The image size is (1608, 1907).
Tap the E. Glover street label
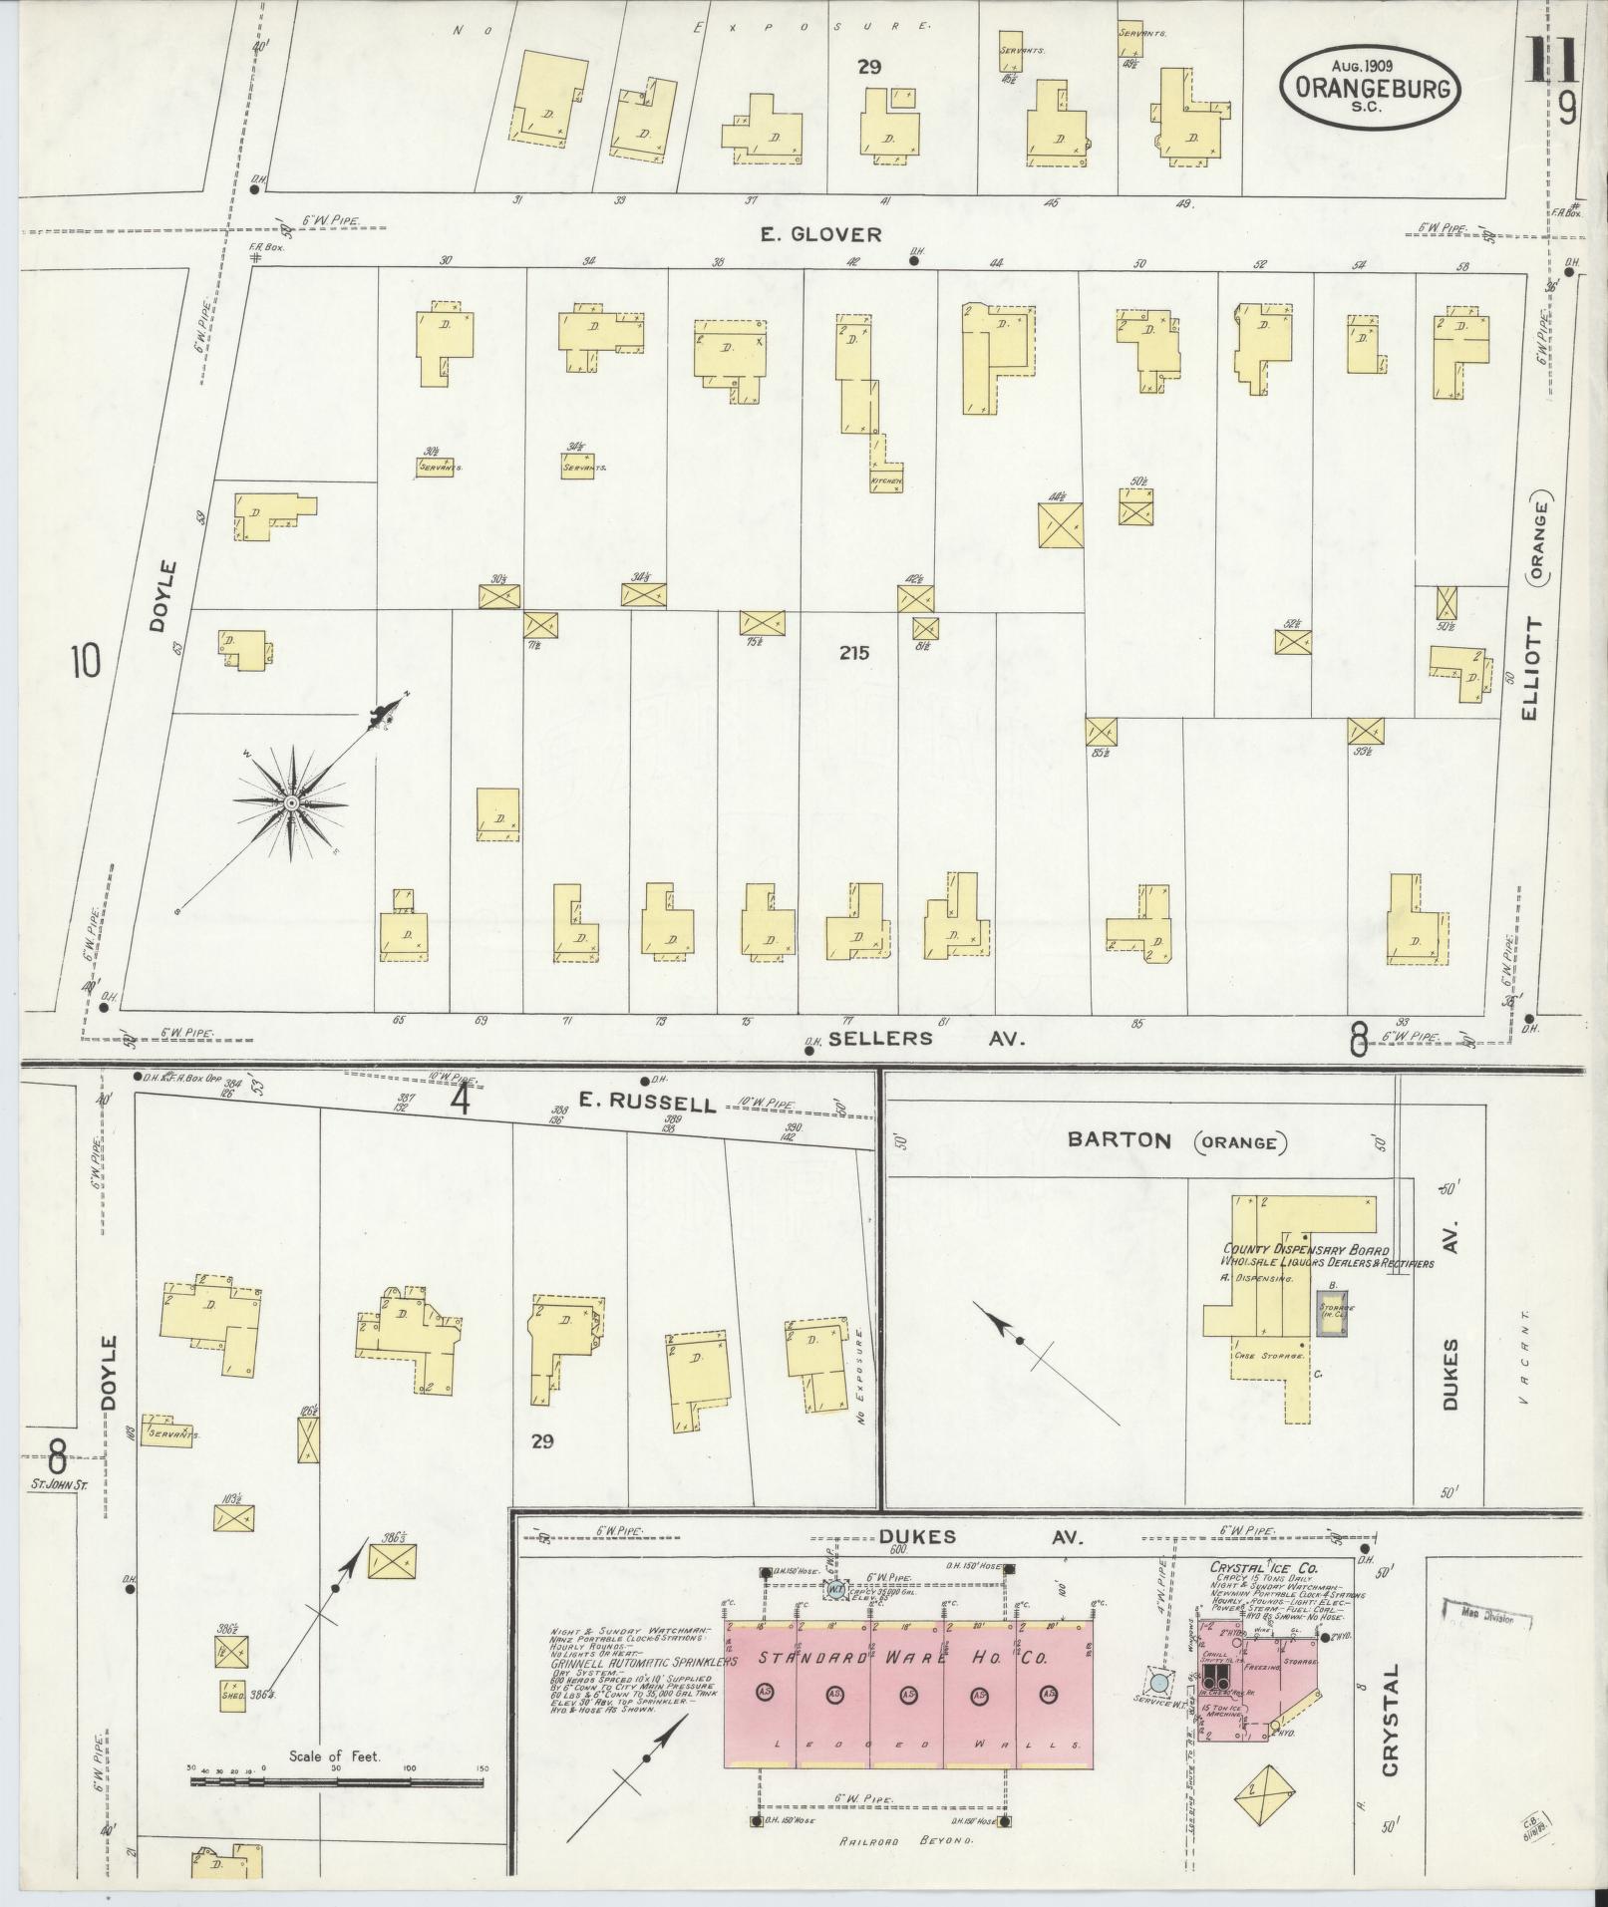pos(820,235)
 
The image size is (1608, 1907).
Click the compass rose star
pos(291,803)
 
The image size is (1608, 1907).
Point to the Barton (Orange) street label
pos(1176,1141)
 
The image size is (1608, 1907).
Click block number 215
pos(854,654)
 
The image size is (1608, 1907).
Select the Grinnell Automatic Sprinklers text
pos(643,1664)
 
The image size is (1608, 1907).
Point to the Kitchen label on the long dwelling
pos(886,481)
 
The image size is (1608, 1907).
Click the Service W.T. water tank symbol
pos(1159,1683)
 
